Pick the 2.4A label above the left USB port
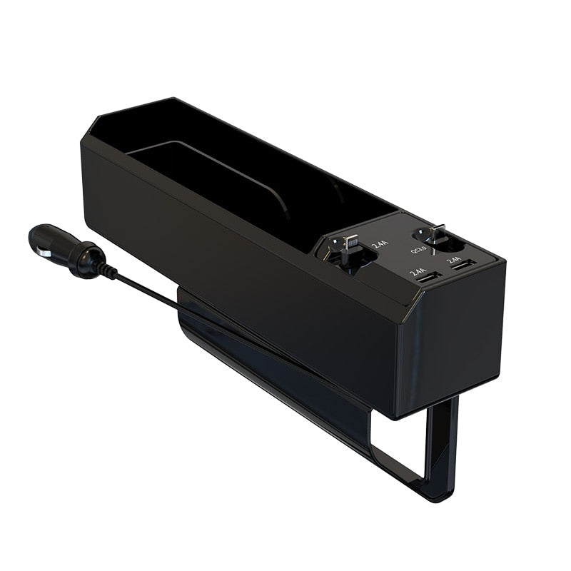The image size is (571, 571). pyautogui.click(x=418, y=272)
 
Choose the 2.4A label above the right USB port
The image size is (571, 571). pyautogui.click(x=455, y=261)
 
